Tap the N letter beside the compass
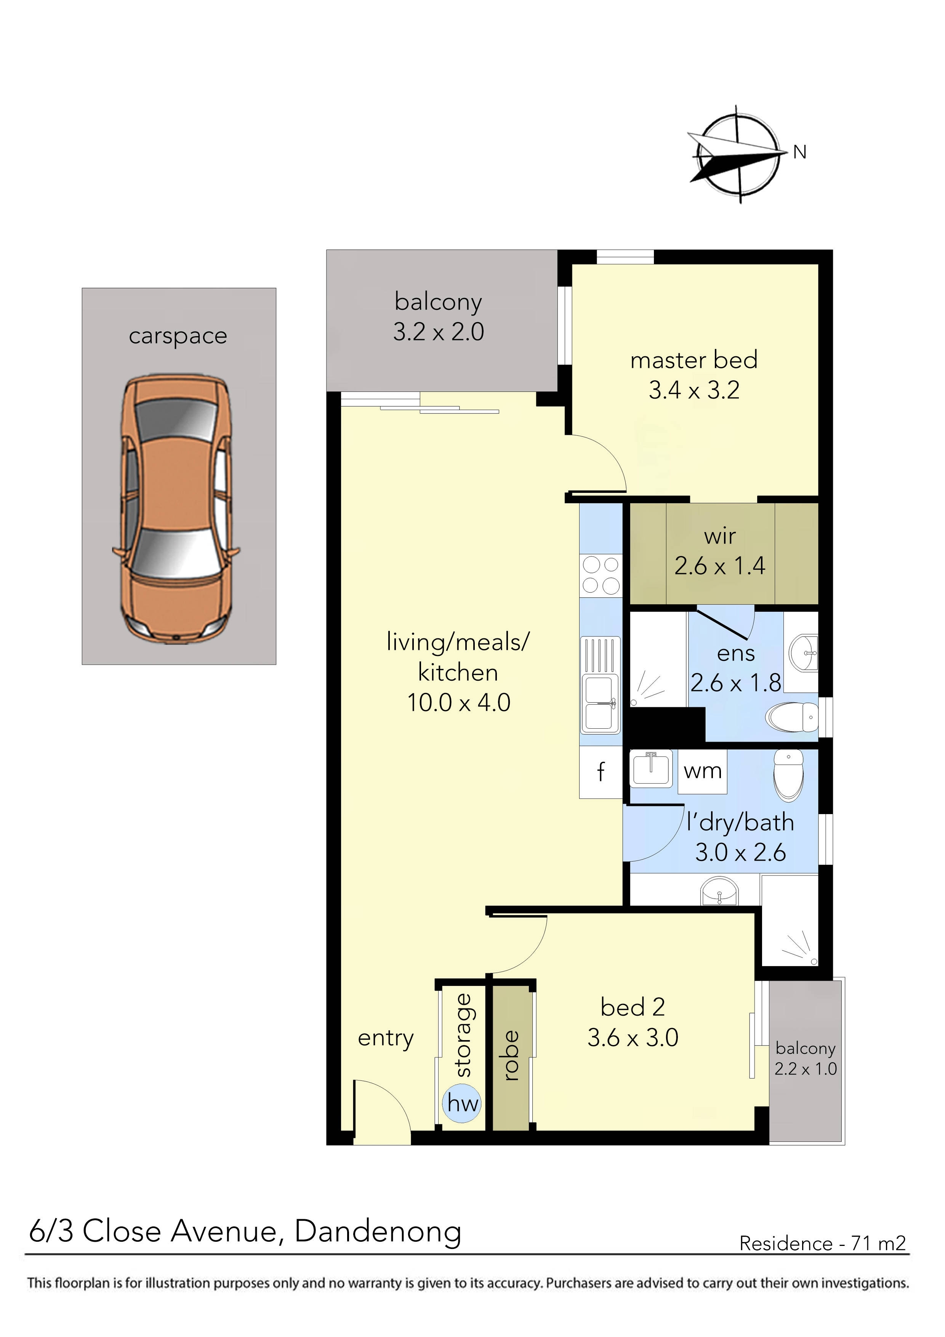coord(800,152)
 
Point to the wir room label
coord(720,536)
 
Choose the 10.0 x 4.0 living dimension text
coord(459,703)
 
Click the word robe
coord(511,1056)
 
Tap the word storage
coord(463,1036)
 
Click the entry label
coord(386,1038)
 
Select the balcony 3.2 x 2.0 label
coord(439,317)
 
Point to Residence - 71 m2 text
coord(822,1243)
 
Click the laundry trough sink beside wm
coord(652,769)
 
